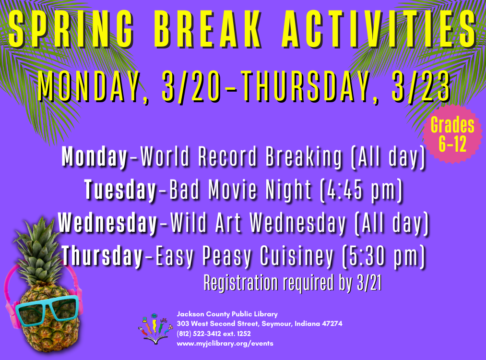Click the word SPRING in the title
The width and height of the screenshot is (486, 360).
(x=71, y=29)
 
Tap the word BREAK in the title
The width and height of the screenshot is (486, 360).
(x=208, y=29)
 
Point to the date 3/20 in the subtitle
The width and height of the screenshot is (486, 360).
(x=191, y=86)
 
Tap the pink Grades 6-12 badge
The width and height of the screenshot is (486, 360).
(x=452, y=134)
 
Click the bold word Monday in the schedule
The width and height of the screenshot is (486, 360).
(x=95, y=157)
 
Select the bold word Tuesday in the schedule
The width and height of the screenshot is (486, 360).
(x=120, y=190)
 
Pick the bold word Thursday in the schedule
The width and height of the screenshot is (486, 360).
(x=102, y=255)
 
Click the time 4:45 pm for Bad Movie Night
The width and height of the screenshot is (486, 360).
(x=362, y=190)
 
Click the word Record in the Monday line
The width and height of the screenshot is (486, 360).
(x=227, y=156)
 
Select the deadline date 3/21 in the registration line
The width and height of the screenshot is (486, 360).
(x=369, y=283)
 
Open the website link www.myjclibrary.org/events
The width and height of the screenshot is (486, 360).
(x=225, y=344)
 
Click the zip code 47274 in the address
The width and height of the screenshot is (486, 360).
(x=332, y=324)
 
